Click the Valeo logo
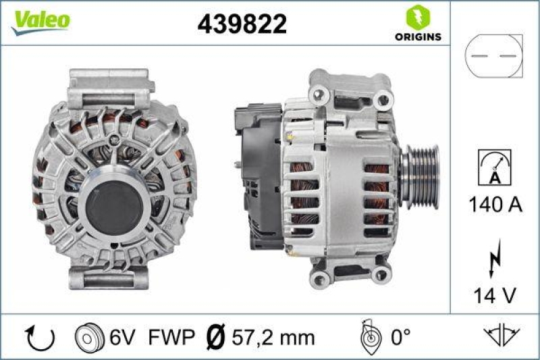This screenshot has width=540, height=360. point(40,21)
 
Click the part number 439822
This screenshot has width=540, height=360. point(242,24)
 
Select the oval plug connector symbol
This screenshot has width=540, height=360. point(495,57)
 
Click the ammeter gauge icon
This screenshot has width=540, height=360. point(495,167)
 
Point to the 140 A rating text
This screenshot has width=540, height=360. point(495,205)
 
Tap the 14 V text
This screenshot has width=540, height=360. point(495,294)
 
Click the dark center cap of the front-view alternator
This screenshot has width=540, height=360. point(111,207)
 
